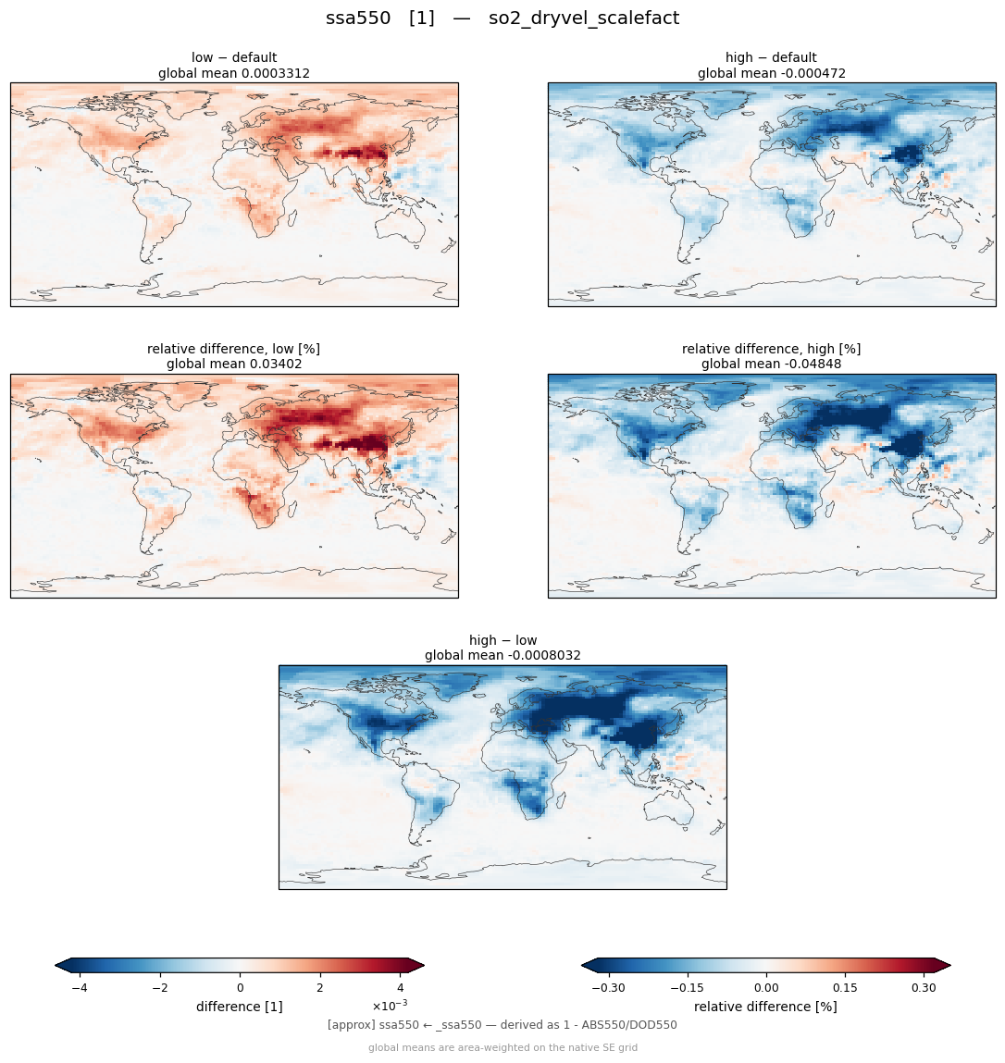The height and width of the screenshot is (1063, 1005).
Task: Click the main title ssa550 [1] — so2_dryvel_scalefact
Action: click(x=502, y=19)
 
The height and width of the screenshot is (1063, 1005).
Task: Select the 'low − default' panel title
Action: click(x=234, y=57)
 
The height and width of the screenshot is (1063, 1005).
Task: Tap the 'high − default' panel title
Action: click(x=771, y=57)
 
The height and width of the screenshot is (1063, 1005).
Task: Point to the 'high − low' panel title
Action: click(x=502, y=640)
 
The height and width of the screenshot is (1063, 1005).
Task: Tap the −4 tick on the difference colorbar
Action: click(x=80, y=988)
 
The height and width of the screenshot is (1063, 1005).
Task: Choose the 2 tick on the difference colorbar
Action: click(x=320, y=988)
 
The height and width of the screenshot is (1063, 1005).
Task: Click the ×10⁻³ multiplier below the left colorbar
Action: click(x=390, y=1005)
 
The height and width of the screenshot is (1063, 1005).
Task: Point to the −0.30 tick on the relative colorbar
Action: click(x=608, y=988)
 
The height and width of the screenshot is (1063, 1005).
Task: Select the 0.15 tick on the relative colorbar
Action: click(x=845, y=988)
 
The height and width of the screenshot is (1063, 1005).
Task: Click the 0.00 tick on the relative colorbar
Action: click(x=766, y=988)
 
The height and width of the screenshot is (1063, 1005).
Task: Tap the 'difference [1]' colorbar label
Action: click(x=240, y=1007)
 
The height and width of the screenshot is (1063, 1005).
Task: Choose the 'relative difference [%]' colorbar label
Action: click(x=765, y=1007)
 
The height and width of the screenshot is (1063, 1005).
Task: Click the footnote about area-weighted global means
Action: click(x=502, y=1047)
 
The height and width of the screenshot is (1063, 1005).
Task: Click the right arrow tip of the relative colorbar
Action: click(x=950, y=965)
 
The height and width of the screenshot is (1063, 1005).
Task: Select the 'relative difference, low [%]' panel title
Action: click(x=233, y=349)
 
